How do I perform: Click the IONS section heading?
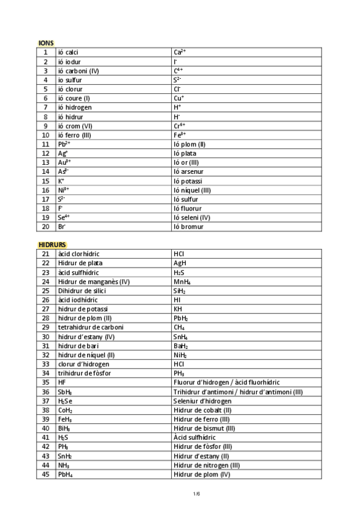click(x=46, y=43)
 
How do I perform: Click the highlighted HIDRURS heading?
click(x=52, y=245)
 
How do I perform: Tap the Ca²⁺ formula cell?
click(x=179, y=52)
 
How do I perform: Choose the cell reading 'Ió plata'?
click(x=185, y=153)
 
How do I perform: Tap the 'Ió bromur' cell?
click(x=188, y=227)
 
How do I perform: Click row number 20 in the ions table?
click(x=45, y=227)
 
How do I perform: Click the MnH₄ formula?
click(x=182, y=281)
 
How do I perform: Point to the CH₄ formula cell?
click(x=178, y=327)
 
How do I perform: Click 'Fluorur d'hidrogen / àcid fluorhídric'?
click(x=226, y=382)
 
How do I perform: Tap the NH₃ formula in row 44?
click(x=63, y=465)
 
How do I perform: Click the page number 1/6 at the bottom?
click(x=196, y=494)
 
